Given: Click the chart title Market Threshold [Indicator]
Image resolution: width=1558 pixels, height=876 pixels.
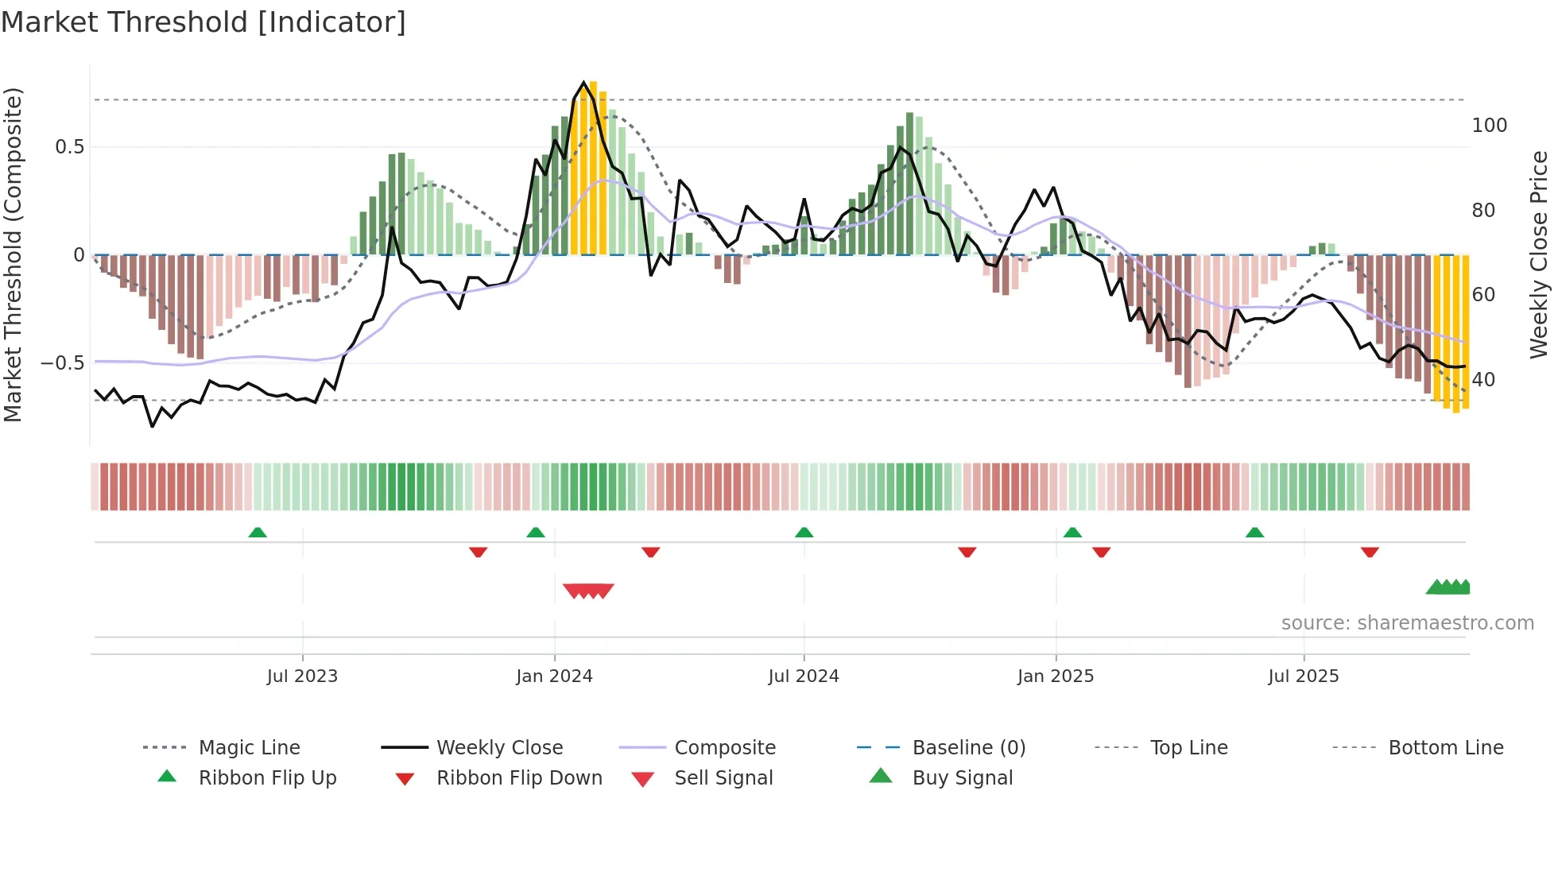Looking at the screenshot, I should point(203,22).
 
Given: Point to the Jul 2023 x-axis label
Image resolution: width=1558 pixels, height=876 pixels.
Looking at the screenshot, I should point(302,676).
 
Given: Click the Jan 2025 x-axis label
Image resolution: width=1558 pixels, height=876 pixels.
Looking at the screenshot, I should point(1055,676).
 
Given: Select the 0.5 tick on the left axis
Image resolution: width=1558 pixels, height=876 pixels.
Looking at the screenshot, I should point(69,147).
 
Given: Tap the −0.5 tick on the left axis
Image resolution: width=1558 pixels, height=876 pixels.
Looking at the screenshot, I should point(63,363).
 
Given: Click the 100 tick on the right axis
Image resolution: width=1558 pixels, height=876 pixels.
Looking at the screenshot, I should point(1489,126).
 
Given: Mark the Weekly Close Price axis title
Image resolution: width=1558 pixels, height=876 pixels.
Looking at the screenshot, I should point(1539,254).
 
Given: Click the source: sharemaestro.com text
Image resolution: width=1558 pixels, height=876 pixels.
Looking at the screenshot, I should point(1407,623).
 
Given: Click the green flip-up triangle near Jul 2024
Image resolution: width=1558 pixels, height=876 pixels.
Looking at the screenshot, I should point(804,533).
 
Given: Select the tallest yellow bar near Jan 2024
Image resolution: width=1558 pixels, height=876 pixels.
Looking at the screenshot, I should point(593,167).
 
